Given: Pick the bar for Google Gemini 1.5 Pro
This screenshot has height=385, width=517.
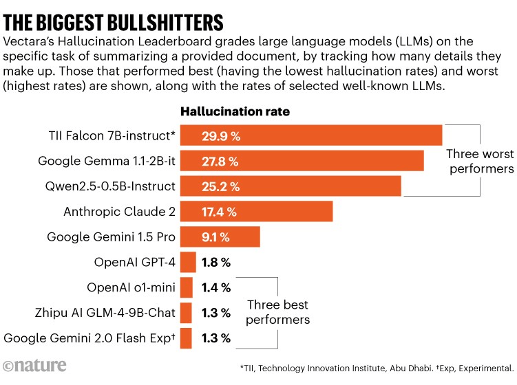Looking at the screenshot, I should [220, 237].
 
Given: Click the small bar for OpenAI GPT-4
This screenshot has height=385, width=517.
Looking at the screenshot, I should [188, 262].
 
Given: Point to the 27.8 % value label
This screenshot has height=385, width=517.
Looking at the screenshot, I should [220, 161].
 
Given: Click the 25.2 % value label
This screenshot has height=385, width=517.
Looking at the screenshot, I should [220, 186].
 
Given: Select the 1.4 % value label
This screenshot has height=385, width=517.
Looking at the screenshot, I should [216, 287].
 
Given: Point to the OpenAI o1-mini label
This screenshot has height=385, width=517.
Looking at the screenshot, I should [131, 287].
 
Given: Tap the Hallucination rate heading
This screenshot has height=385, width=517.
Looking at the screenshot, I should [235, 111].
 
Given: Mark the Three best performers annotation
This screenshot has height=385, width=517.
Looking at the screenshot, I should [278, 312].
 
